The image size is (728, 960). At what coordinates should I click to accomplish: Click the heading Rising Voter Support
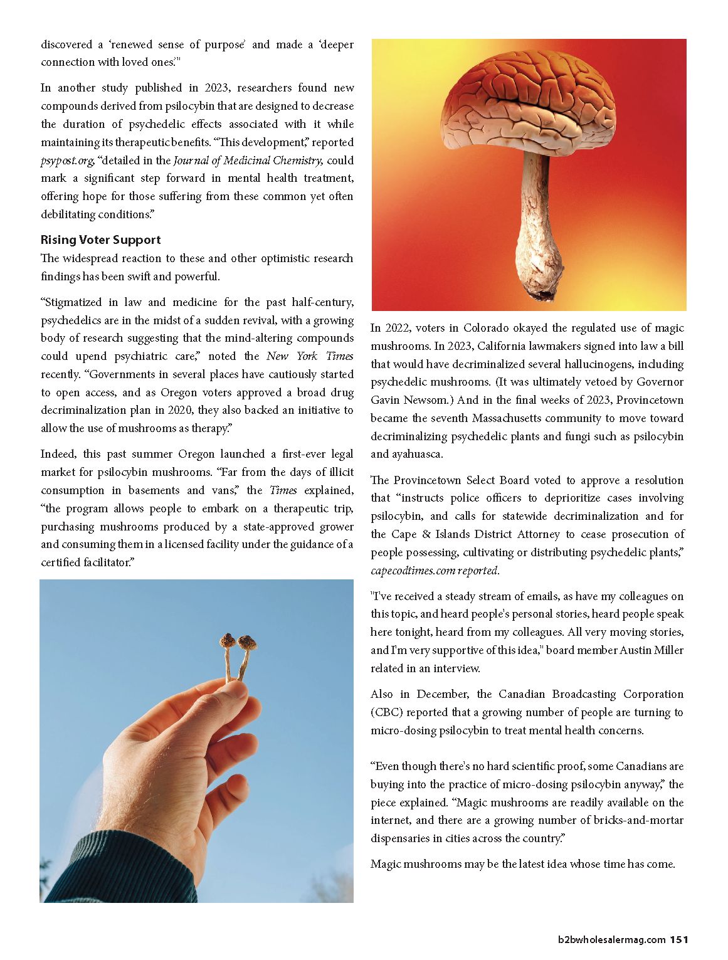(100, 240)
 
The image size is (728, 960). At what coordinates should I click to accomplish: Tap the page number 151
(678, 939)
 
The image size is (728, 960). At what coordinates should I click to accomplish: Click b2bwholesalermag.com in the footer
(611, 939)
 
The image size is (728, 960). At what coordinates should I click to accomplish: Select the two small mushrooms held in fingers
(238, 652)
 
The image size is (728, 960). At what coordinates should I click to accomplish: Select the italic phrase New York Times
(310, 356)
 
